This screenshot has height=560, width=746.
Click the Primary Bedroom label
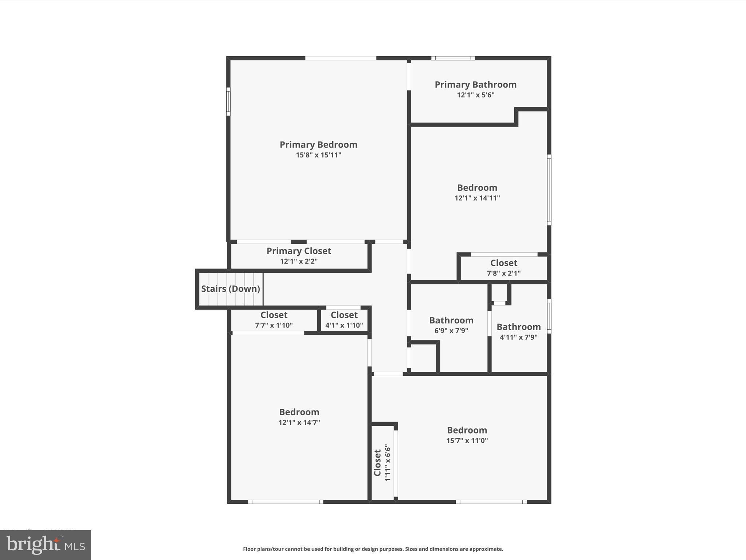318,145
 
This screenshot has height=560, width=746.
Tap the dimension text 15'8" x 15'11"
318,155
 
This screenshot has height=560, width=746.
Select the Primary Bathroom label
475,85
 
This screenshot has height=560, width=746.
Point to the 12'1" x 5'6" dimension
475,95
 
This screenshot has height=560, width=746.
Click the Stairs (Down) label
231,289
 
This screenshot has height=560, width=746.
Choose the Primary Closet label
299,251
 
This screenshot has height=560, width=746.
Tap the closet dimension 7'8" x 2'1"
503,273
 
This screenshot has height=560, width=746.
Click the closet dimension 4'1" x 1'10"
344,325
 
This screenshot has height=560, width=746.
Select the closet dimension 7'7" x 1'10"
274,325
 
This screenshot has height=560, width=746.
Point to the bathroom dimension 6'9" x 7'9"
451,331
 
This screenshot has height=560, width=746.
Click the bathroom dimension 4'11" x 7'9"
518,337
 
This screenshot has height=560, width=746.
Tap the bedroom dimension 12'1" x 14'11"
477,198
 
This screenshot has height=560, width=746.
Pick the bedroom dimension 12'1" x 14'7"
299,423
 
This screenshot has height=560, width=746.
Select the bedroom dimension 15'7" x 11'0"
467,440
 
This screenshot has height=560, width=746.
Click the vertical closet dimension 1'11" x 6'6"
388,463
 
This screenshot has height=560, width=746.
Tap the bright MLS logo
46,545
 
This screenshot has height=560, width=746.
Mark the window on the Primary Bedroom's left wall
228,101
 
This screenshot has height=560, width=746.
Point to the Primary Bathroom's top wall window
453,58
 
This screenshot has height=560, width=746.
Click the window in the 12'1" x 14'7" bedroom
286,502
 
